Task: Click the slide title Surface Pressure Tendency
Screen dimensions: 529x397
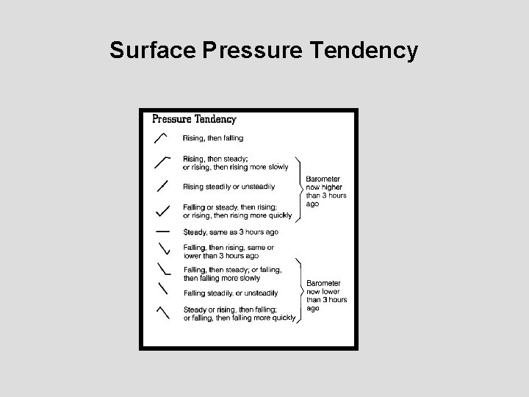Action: point(264,50)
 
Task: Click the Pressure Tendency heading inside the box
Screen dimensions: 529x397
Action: point(194,118)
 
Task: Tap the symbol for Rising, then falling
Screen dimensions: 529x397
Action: point(161,137)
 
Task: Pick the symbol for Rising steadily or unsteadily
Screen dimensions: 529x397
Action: point(162,186)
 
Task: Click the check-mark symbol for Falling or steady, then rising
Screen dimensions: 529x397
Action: point(163,211)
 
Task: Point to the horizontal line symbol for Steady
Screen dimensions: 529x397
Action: point(162,232)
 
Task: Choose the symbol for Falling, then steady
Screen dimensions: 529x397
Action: point(163,269)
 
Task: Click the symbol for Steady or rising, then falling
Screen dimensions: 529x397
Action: point(163,312)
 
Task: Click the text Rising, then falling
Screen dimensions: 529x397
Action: point(213,138)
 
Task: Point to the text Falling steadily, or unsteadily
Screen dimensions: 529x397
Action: point(230,293)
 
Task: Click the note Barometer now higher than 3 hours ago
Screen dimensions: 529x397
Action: point(325,191)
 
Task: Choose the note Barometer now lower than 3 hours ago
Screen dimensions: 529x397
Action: point(325,296)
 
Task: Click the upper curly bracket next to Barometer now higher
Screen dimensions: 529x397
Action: point(300,188)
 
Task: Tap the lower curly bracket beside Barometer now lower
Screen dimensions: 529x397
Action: point(300,291)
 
